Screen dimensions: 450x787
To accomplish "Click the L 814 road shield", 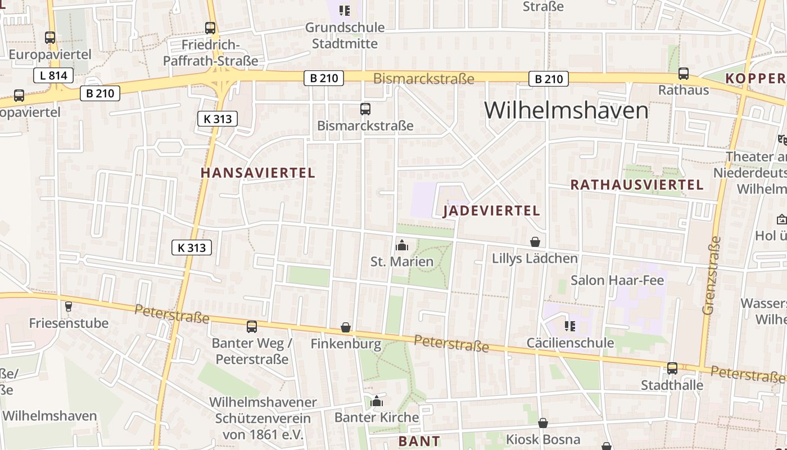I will [53, 75].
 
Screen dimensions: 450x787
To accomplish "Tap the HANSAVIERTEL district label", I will [258, 173].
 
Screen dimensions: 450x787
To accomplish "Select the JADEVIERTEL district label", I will [491, 211].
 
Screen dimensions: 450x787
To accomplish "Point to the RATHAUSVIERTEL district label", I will [637, 184].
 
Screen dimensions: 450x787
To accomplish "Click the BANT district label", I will [419, 441].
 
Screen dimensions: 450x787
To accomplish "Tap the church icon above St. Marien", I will [402, 245].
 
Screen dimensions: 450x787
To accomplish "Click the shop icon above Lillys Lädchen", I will [535, 242].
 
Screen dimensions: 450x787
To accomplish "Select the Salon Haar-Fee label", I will [617, 280].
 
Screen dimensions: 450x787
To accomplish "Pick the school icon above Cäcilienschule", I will [569, 326].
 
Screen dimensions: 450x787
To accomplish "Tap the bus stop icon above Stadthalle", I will [672, 368].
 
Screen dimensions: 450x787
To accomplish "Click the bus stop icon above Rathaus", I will [684, 73].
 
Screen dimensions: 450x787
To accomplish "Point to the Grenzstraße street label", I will [711, 275].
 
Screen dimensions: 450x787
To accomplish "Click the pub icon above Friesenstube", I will [69, 307].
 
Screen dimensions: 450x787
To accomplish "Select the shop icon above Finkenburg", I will [346, 327].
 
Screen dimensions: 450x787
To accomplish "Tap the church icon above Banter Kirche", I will [377, 401].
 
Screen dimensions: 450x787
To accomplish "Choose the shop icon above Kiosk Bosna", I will [543, 423].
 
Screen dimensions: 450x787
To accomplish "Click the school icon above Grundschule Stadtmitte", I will [345, 10].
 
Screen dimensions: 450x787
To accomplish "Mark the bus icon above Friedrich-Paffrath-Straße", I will [210, 28].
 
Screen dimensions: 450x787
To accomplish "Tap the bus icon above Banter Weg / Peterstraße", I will [252, 326].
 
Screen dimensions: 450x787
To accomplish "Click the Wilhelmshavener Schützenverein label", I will [263, 418].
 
